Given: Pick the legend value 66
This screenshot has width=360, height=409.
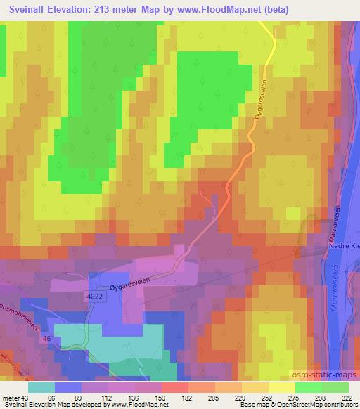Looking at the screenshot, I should (x=52, y=397).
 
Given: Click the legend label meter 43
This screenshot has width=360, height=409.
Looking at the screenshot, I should (x=16, y=397).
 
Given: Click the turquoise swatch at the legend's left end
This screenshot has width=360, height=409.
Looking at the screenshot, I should (x=42, y=387).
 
